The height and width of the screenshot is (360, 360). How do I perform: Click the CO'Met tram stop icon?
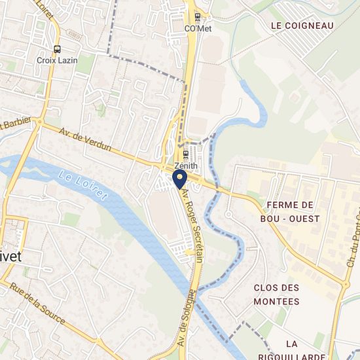(x=196, y=18)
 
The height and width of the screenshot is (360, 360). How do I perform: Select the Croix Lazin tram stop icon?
(x=58, y=48)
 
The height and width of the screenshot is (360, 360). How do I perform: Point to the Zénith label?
(x=185, y=166)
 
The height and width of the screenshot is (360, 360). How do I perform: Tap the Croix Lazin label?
(x=57, y=60)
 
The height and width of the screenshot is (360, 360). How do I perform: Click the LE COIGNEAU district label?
(x=302, y=26)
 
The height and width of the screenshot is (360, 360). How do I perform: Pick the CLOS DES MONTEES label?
(x=276, y=295)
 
